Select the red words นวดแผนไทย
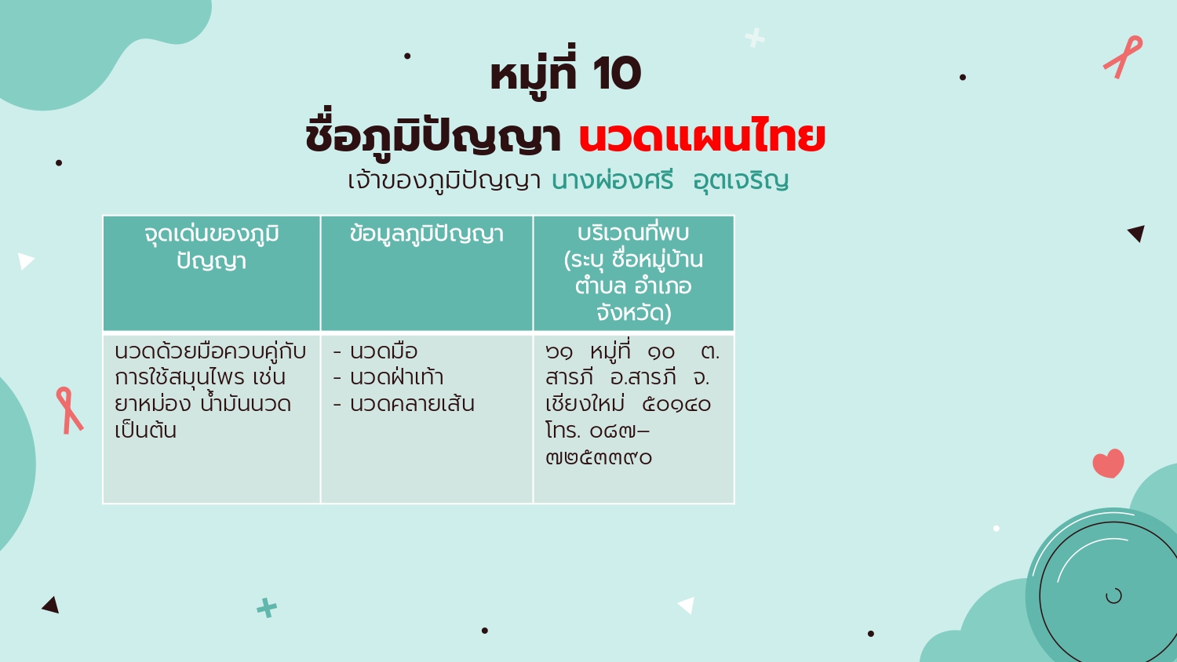(x=702, y=136)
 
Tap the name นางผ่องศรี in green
(x=612, y=180)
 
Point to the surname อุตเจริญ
(x=741, y=181)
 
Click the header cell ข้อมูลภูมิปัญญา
(x=427, y=235)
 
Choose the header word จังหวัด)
(x=634, y=313)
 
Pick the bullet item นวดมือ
(x=384, y=351)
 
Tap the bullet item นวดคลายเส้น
(x=412, y=404)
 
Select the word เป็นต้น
(x=145, y=431)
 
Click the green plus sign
(x=267, y=608)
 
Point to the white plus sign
(x=755, y=38)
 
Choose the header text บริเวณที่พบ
(x=633, y=233)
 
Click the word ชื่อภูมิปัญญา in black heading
(x=433, y=137)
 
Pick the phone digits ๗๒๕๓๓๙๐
(x=599, y=457)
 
